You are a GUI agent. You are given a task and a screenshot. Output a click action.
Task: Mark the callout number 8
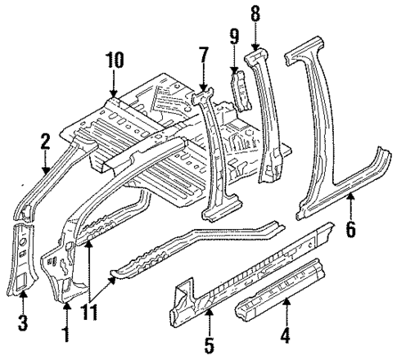tap(255, 15)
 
